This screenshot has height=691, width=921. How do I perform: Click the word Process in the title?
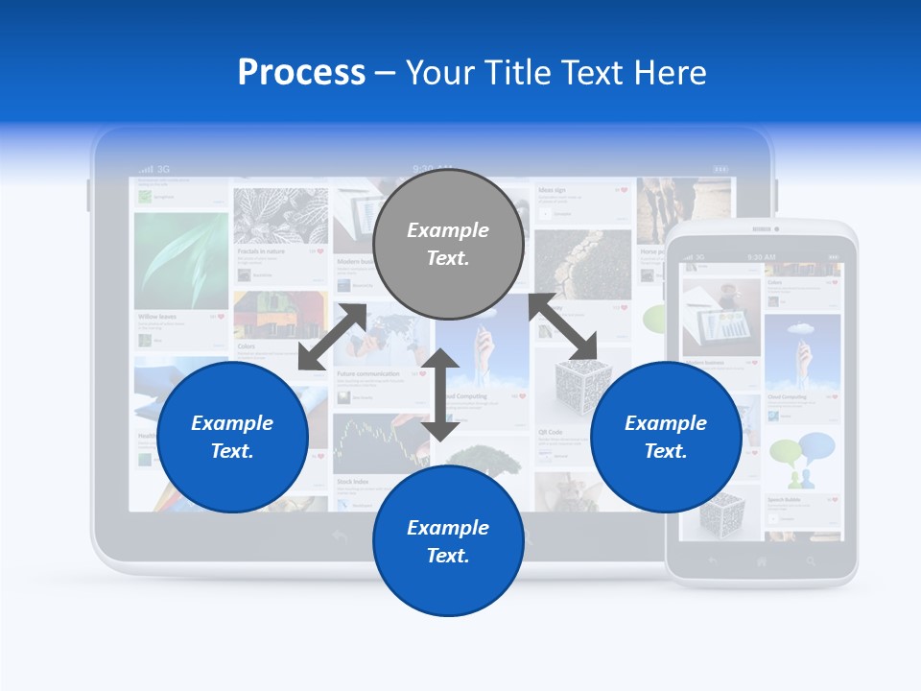301,73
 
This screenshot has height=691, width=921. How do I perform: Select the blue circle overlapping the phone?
666,437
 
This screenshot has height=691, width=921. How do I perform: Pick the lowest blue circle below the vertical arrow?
448,541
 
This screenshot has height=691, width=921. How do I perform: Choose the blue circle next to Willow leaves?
232,437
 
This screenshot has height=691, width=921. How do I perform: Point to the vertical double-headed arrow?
440,394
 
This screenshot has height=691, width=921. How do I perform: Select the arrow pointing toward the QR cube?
563,328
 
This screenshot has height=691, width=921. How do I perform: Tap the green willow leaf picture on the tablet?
181,259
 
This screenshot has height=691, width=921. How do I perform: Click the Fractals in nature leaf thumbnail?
280,215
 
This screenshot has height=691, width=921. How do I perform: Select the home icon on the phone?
762,560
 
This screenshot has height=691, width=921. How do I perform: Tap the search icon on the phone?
812,560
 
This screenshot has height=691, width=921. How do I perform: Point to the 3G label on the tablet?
163,169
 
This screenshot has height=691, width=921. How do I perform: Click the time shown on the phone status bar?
760,257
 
